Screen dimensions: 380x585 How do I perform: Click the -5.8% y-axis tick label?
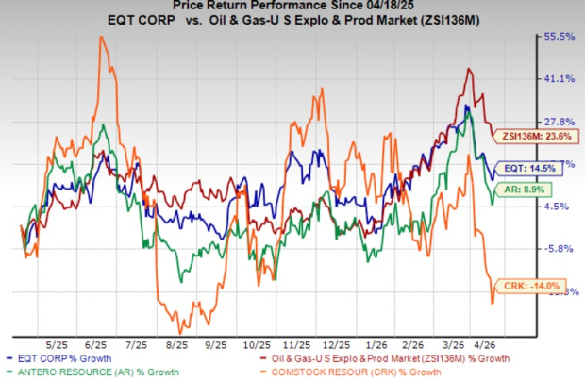[x=557, y=249]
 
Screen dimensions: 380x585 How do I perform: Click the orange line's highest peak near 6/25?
[x=101, y=37]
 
